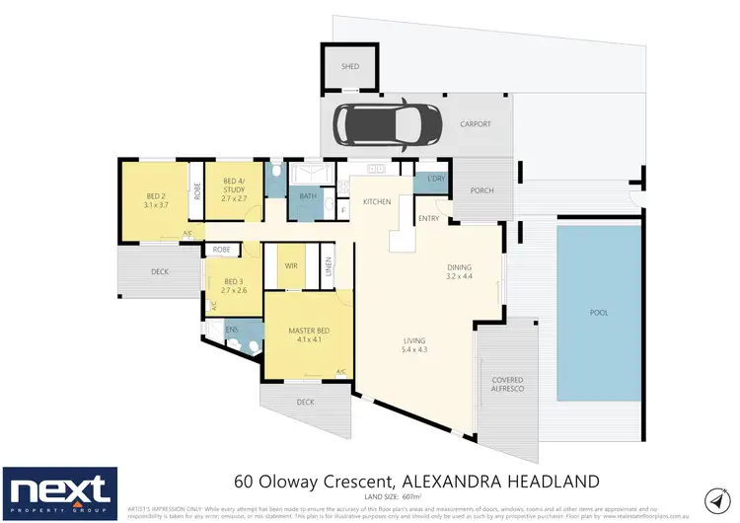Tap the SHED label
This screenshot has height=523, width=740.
349,67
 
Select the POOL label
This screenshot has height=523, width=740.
598,313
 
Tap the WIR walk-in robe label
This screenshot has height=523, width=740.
290,266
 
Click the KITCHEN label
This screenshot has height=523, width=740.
377,201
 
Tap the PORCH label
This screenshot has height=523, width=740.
481,190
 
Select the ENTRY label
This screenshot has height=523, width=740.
429,218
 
